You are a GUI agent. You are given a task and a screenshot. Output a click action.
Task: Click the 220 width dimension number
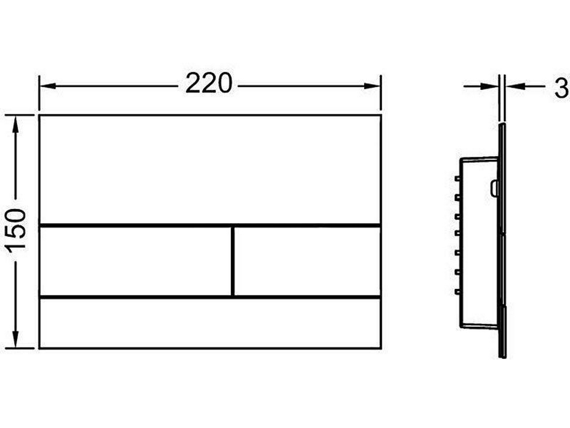[x=209, y=83]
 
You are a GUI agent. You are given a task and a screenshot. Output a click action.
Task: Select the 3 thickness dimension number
[x=562, y=88]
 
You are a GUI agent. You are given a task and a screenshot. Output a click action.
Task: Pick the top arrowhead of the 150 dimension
[x=16, y=124]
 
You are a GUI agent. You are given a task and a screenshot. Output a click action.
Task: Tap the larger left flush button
[x=135, y=261]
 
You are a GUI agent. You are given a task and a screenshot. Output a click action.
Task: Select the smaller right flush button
[x=307, y=261]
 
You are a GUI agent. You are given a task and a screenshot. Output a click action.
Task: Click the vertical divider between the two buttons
[x=233, y=261]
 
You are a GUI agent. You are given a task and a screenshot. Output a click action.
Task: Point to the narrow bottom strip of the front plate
[x=210, y=323]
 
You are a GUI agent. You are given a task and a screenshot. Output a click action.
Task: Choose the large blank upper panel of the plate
[x=210, y=170]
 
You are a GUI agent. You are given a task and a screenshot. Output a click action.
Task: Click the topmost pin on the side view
[x=458, y=179]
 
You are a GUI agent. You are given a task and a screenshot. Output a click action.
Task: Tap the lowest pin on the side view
[x=458, y=291]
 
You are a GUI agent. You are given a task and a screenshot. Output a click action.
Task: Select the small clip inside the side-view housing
[x=494, y=188]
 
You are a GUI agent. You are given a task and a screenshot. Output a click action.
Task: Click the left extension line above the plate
[x=39, y=93]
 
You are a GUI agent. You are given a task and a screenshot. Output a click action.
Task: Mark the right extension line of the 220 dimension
[x=381, y=93]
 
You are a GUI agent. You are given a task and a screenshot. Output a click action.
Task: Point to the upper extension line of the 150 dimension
[x=20, y=115]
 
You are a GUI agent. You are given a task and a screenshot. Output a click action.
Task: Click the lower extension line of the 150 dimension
[x=20, y=348]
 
